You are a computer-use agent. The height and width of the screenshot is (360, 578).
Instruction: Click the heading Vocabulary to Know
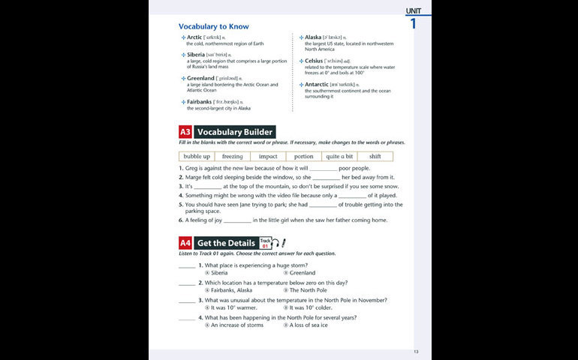pyautogui.click(x=213, y=26)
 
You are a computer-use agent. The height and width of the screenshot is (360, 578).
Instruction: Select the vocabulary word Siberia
pyautogui.click(x=195, y=55)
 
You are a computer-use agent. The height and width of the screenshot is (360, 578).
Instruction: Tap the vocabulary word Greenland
pyautogui.click(x=200, y=78)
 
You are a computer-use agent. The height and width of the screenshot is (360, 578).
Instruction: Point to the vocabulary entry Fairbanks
pyautogui.click(x=199, y=101)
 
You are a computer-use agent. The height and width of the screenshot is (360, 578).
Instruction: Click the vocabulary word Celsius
pyautogui.click(x=314, y=61)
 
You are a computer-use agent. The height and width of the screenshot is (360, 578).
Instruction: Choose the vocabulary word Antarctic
pyautogui.click(x=317, y=84)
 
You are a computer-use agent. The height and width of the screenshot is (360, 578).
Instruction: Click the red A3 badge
pyautogui.click(x=185, y=132)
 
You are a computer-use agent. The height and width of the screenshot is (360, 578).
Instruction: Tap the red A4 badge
pyautogui.click(x=185, y=243)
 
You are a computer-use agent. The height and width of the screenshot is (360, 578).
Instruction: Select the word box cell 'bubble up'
pyautogui.click(x=197, y=157)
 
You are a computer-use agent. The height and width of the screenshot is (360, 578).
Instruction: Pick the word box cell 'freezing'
pyautogui.click(x=232, y=157)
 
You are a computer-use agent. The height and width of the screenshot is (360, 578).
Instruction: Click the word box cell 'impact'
pyautogui.click(x=268, y=157)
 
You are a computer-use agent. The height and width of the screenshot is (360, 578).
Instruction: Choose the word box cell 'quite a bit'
pyautogui.click(x=339, y=157)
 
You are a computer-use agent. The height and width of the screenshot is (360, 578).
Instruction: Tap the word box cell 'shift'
pyautogui.click(x=375, y=157)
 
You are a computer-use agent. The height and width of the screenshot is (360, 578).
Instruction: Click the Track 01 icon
pyautogui.click(x=266, y=243)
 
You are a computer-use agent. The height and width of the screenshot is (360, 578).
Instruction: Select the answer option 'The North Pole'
pyautogui.click(x=308, y=290)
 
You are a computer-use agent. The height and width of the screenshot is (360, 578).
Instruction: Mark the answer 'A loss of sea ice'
pyautogui.click(x=309, y=325)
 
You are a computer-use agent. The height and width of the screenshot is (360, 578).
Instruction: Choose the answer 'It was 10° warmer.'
pyautogui.click(x=233, y=307)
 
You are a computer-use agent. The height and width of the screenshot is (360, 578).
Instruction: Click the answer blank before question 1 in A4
pyautogui.click(x=186, y=265)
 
